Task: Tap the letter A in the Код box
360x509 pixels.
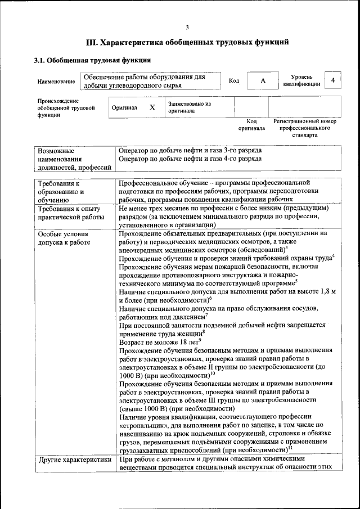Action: pos(263,81)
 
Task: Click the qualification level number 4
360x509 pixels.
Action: pos(334,80)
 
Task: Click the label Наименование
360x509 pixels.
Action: pos(56,82)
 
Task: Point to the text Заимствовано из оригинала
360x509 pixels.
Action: pos(190,107)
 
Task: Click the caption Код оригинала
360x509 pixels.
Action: pos(251,125)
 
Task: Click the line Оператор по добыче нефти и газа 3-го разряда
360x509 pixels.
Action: pos(190,151)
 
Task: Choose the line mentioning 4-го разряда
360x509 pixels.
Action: pos(190,159)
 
